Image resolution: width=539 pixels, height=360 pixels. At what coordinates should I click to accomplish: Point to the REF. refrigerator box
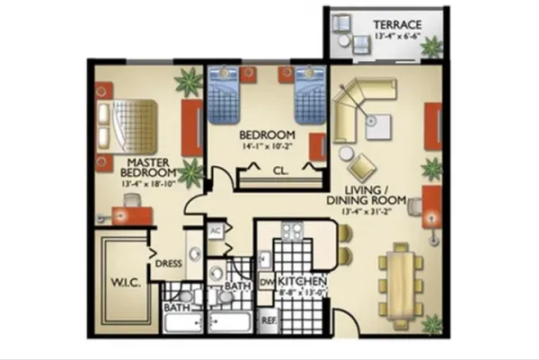(268, 319)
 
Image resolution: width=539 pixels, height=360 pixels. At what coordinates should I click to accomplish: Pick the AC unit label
(215, 230)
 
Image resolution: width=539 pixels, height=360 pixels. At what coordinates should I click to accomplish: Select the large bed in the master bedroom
(128, 125)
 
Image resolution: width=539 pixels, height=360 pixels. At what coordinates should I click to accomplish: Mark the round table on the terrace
(343, 42)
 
